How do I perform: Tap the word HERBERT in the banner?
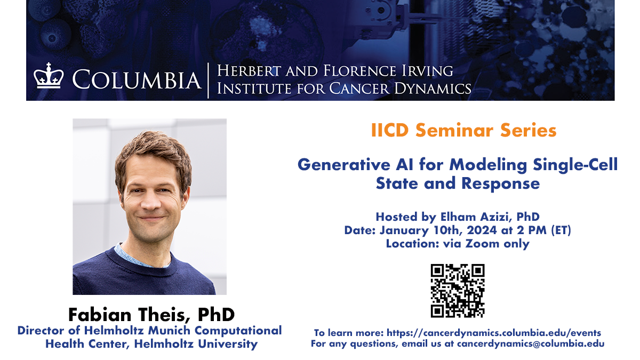(249, 71)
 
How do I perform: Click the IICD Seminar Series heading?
(463, 130)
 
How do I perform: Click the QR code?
(458, 291)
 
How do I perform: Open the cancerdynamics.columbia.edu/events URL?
(494, 333)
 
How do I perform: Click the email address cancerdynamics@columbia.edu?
(530, 344)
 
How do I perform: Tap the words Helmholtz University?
(196, 343)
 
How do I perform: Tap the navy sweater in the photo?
(149, 277)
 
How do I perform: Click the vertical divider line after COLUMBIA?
(208, 80)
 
